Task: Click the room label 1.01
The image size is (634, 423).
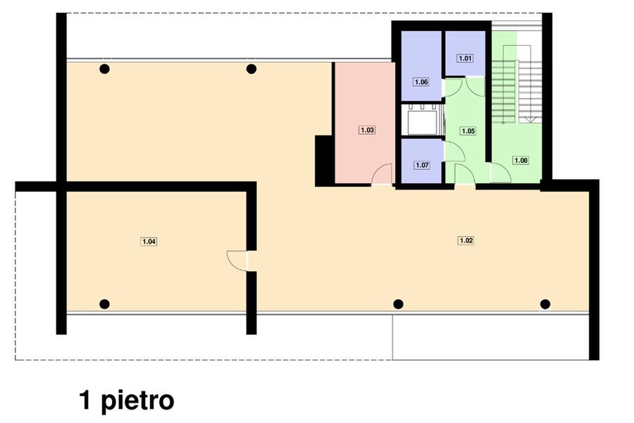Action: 464,59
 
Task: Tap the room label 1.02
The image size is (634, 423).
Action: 466,240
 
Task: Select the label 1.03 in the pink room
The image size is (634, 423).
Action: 367,130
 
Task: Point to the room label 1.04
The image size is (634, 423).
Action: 149,242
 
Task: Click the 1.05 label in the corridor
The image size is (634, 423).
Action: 468,130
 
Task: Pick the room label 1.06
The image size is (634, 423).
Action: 421,82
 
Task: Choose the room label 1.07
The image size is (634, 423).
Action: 422,166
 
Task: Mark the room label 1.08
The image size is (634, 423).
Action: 521,161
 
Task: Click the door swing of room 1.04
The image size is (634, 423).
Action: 237,261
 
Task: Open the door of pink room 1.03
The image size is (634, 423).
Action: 383,174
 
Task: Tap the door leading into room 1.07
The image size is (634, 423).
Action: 453,151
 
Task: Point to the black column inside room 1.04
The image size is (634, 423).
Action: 104,304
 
